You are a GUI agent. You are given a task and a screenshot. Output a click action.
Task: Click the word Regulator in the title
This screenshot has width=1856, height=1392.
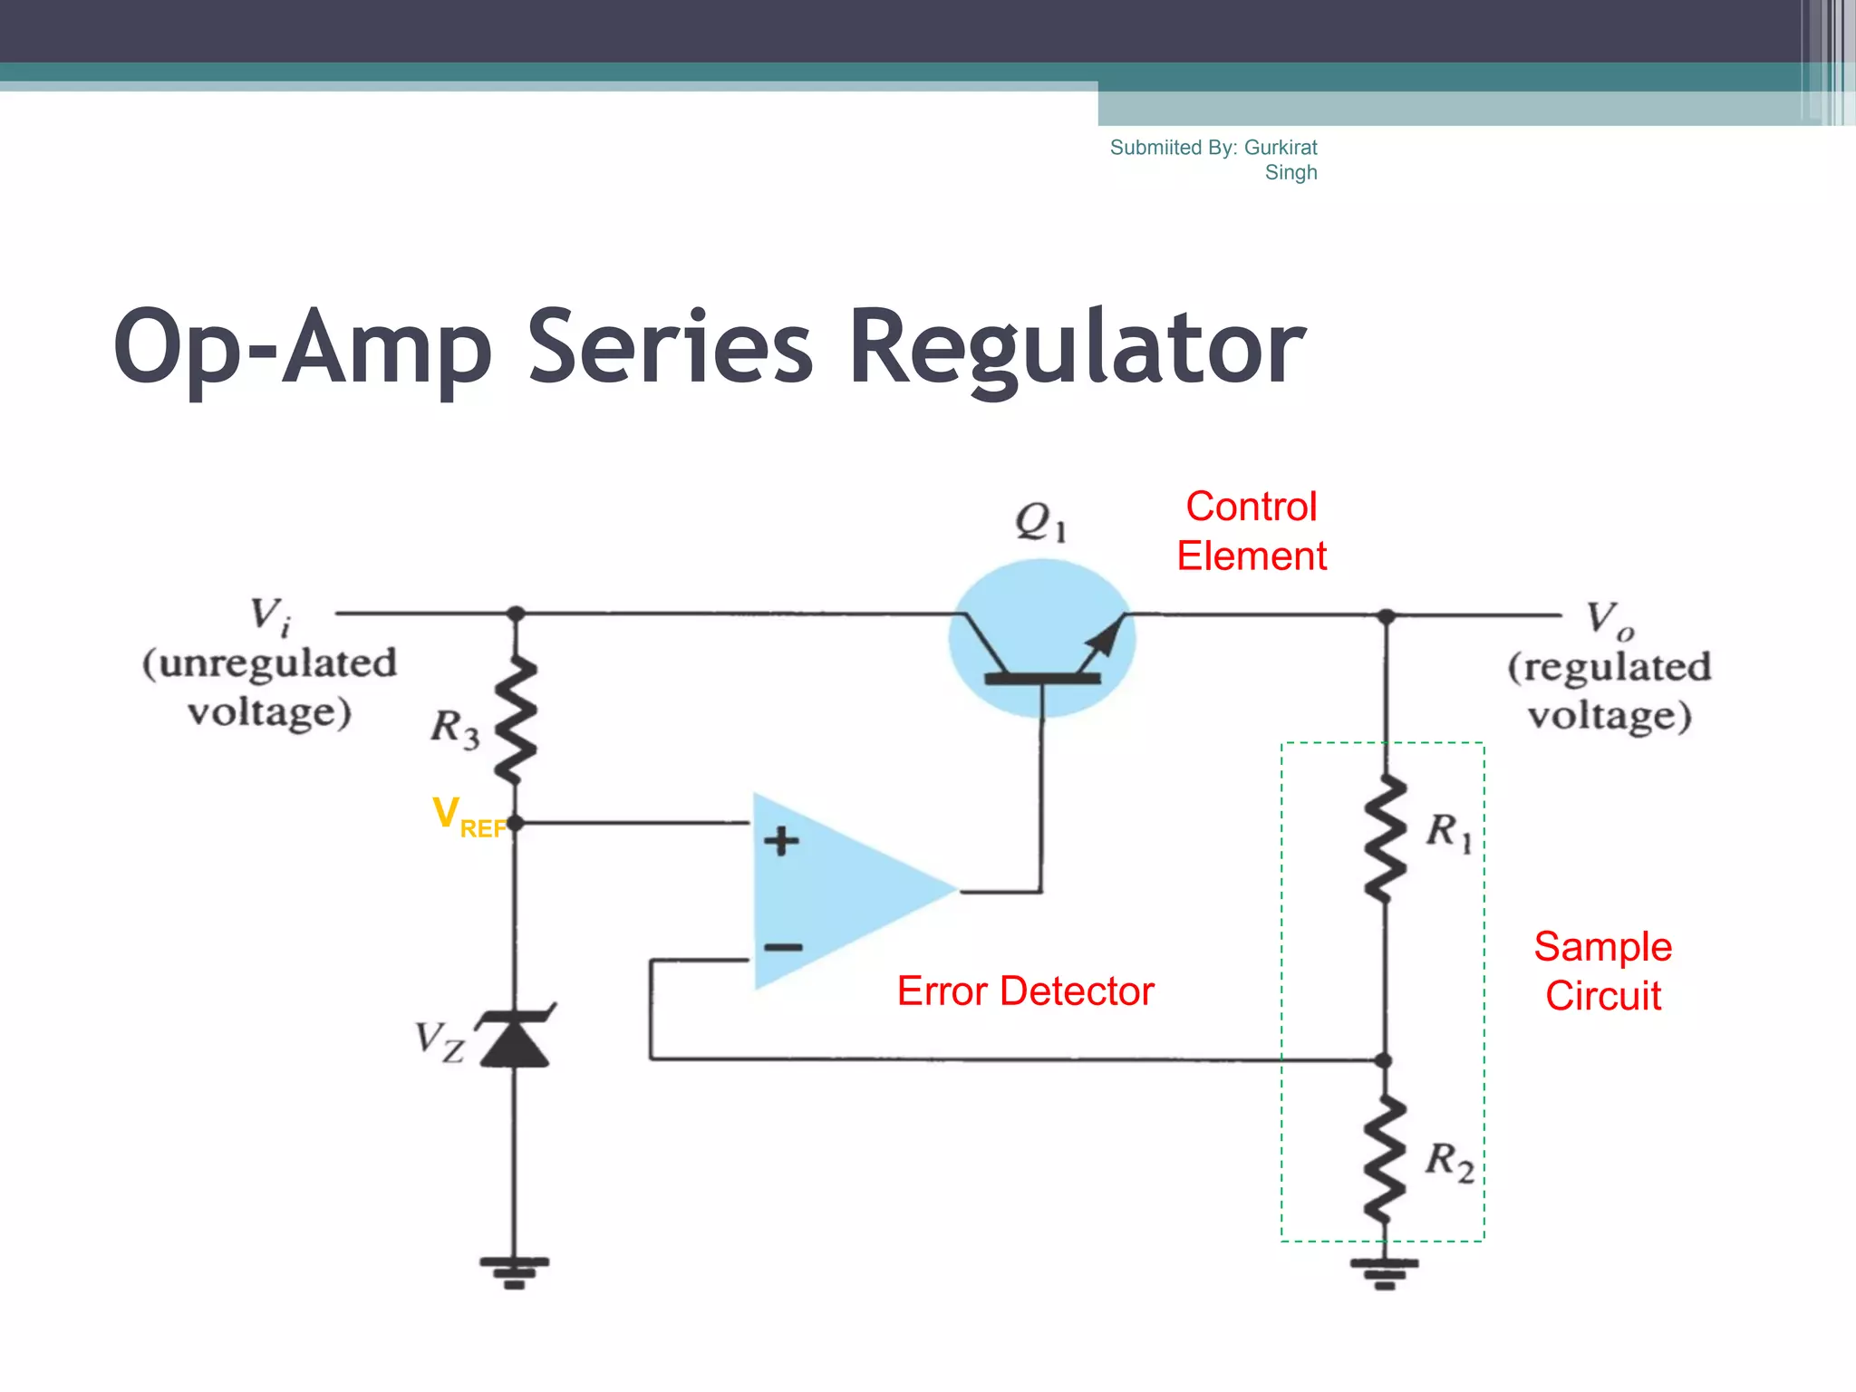click(1077, 349)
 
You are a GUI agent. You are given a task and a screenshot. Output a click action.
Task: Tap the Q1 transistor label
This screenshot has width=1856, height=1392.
click(1039, 522)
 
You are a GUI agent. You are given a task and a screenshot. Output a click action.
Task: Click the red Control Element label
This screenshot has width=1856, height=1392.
click(1252, 531)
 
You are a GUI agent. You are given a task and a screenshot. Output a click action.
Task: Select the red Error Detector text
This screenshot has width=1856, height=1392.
click(1025, 991)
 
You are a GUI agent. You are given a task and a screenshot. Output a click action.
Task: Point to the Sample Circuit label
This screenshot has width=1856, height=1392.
click(1602, 971)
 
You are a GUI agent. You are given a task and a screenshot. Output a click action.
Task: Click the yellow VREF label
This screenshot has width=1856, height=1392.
click(467, 817)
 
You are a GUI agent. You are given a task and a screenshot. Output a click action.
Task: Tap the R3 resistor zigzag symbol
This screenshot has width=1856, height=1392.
click(517, 720)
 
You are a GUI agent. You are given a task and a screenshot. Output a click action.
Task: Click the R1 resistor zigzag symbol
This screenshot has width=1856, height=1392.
click(1385, 838)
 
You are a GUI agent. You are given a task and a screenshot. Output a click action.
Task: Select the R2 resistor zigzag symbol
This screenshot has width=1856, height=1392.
click(1385, 1160)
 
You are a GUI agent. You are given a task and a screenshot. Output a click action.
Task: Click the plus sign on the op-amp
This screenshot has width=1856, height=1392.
click(781, 841)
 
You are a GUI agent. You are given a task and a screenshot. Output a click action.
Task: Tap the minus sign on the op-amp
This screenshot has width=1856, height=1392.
click(783, 948)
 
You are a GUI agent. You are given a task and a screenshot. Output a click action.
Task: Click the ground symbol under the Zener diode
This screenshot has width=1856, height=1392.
click(515, 1271)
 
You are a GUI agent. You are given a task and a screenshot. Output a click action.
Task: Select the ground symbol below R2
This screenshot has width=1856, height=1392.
click(1384, 1272)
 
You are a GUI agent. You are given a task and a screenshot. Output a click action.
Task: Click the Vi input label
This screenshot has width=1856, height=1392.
click(270, 615)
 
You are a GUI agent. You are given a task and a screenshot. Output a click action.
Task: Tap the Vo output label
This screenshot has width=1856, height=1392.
click(1609, 620)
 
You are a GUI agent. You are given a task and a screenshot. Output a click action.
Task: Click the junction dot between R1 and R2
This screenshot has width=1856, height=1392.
click(1383, 1060)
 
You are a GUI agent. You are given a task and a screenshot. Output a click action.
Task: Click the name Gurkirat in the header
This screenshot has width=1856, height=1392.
click(1281, 148)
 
